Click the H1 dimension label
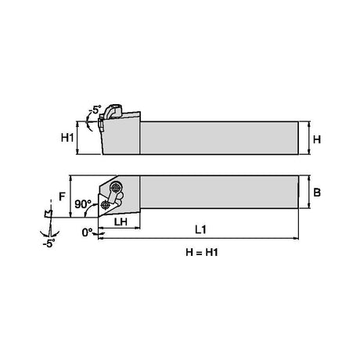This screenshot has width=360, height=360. click(x=67, y=138)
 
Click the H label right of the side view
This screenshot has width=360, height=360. click(x=317, y=139)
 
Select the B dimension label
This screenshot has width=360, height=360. click(x=317, y=193)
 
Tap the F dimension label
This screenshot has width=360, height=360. click(x=62, y=196)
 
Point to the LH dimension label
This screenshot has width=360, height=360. click(x=121, y=221)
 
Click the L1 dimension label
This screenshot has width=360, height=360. click(x=201, y=229)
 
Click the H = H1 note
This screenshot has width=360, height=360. click(x=202, y=252)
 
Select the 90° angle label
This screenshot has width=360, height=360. click(x=83, y=204)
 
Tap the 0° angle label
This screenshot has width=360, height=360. click(x=87, y=232)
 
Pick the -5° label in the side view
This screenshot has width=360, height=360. click(x=95, y=110)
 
